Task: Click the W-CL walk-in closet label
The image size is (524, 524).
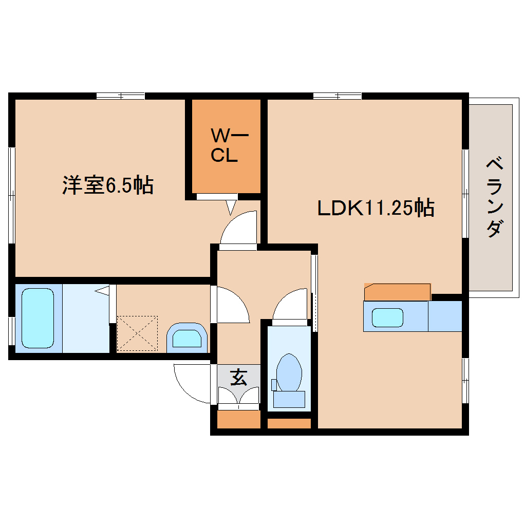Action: click(224, 146)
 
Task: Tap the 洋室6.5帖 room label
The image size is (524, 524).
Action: click(108, 185)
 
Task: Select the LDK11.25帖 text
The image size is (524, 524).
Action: click(376, 208)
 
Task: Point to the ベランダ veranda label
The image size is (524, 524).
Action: click(494, 198)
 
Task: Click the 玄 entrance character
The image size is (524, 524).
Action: click(238, 377)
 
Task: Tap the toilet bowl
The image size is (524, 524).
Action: click(289, 371)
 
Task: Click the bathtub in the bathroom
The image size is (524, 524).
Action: click(38, 318)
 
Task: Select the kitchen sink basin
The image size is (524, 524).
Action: click(387, 317)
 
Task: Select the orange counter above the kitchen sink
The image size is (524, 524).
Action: click(397, 292)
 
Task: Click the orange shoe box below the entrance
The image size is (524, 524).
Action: click(239, 420)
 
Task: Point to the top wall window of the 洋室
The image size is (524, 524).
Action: click(121, 96)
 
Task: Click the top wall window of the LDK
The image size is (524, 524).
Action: click(337, 96)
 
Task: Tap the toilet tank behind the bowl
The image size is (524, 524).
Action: click(289, 399)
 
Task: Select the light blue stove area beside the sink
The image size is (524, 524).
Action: click(445, 316)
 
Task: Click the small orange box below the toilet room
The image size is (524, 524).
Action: click(289, 424)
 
